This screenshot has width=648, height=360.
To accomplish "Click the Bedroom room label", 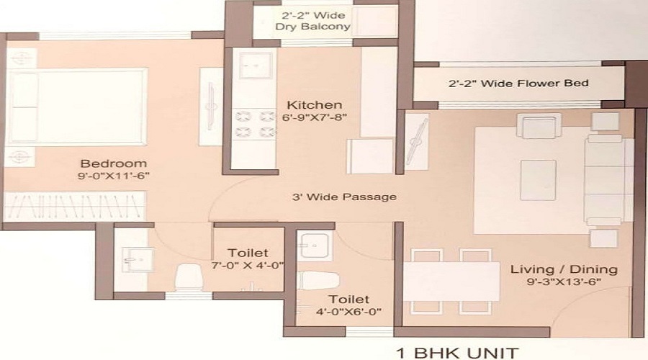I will pyautogui.click(x=113, y=163).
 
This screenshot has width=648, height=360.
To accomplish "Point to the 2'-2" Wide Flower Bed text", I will pyautogui.click(x=518, y=84).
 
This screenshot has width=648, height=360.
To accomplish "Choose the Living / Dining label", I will pyautogui.click(x=564, y=269).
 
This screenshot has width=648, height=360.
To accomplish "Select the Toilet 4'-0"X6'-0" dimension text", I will pyautogui.click(x=348, y=311).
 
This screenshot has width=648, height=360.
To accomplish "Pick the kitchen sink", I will pyautogui.click(x=252, y=67).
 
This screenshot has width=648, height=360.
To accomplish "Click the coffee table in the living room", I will pyautogui.click(x=538, y=180).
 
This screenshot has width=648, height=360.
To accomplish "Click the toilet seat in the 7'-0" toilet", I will pyautogui.click(x=189, y=276).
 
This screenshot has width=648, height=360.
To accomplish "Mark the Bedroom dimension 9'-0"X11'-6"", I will pyautogui.click(x=113, y=175).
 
